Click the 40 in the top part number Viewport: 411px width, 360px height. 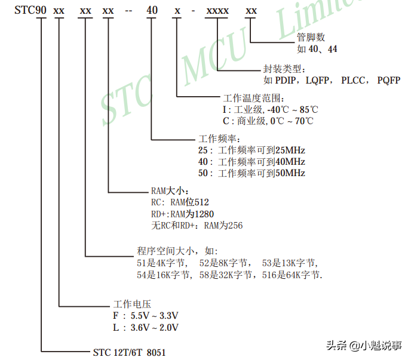(152, 11)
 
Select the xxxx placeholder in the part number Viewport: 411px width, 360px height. (217, 11)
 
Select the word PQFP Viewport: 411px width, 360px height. (389, 80)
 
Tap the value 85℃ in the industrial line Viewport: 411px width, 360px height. (308, 109)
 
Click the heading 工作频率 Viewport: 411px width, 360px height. (222, 139)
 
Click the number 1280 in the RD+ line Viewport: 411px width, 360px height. (201, 214)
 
